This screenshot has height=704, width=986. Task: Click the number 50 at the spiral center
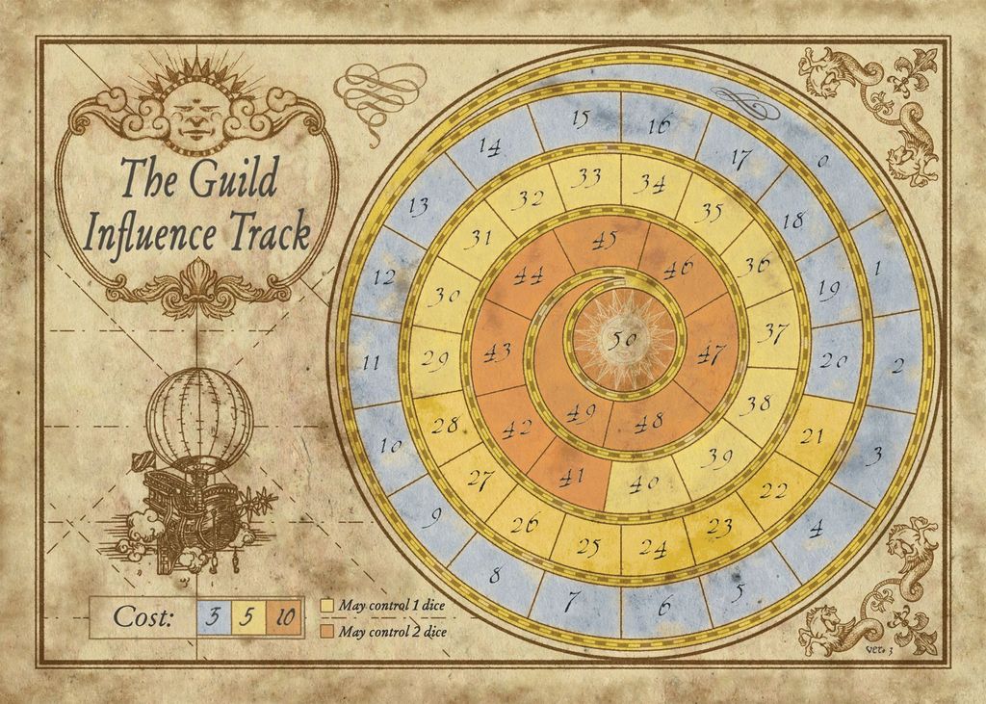pos(626,339)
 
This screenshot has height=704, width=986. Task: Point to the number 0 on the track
pos(822,162)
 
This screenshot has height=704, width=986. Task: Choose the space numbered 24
pos(654,549)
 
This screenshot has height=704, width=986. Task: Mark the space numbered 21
pos(813,436)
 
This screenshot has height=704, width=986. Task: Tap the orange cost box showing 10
pos(285,617)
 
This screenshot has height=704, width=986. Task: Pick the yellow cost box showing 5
pos(247,617)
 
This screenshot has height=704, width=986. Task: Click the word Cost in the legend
pos(143,617)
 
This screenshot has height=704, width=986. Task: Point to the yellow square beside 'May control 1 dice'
pos(327,606)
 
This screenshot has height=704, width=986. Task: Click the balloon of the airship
pos(198,414)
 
